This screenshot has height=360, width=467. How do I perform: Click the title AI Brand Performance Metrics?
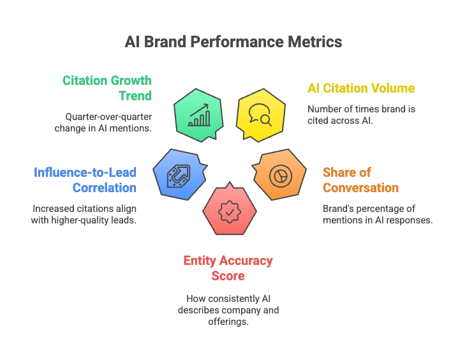pyautogui.click(x=233, y=42)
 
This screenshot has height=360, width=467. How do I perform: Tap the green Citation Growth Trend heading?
pyautogui.click(x=107, y=88)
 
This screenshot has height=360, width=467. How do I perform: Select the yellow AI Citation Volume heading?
pyautogui.click(x=361, y=89)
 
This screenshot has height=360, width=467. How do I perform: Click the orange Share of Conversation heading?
pyautogui.click(x=360, y=180)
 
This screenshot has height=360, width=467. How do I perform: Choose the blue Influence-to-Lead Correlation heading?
pyautogui.click(x=85, y=180)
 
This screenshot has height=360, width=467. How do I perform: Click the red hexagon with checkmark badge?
pyautogui.click(x=230, y=211)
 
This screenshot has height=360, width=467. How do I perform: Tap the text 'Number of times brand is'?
pyautogui.click(x=361, y=109)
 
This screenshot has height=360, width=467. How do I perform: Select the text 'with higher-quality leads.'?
pyautogui.click(x=84, y=220)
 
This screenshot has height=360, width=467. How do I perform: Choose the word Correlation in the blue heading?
pyautogui.click(x=105, y=188)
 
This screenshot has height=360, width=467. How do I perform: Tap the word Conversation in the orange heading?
pyautogui.click(x=360, y=188)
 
